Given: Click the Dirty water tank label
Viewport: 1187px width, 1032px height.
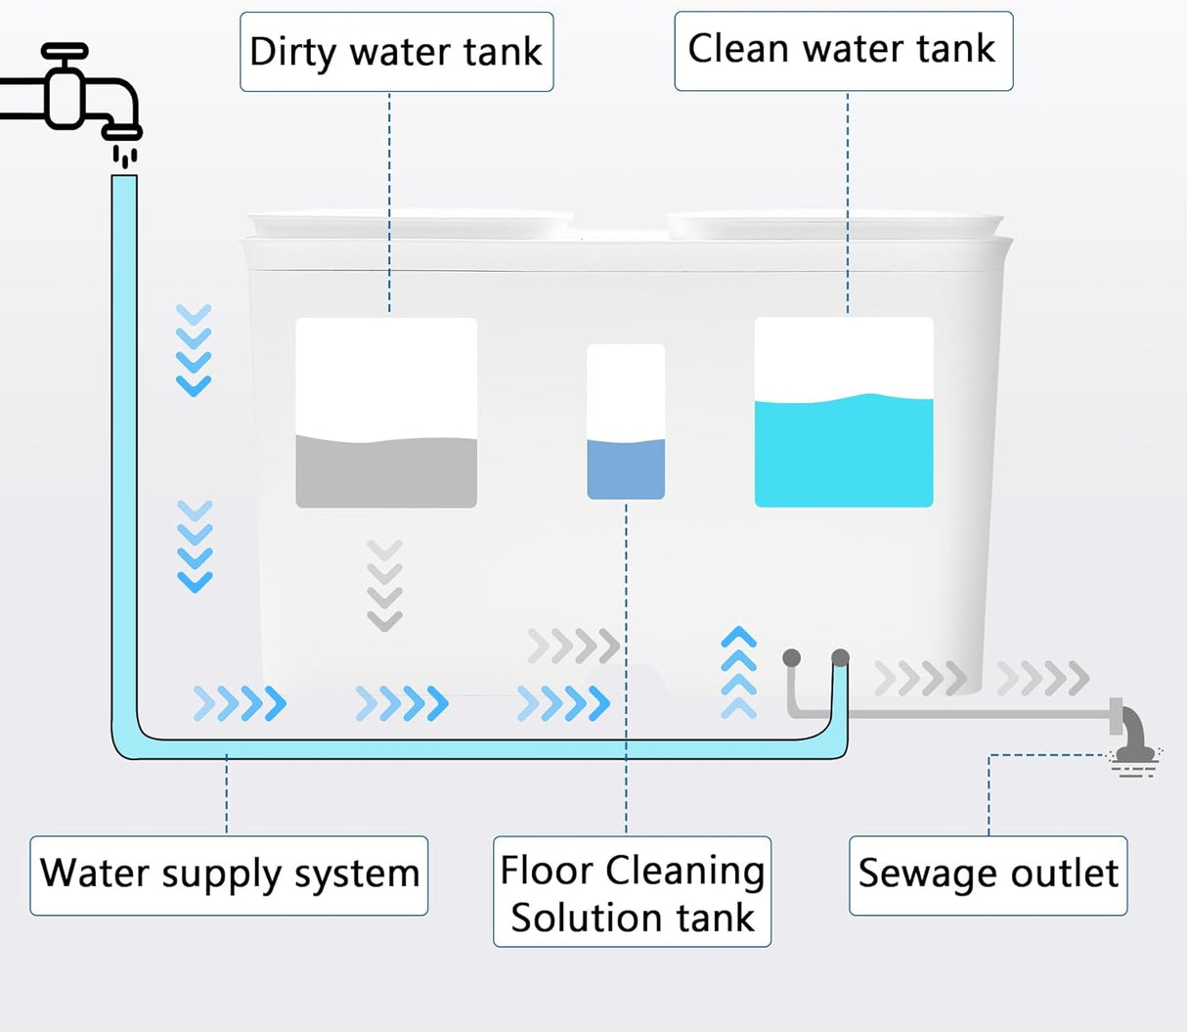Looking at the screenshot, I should coord(396,52).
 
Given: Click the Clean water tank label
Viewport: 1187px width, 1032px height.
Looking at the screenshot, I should coord(842,50).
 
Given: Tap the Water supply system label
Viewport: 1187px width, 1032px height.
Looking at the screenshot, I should coord(229,875).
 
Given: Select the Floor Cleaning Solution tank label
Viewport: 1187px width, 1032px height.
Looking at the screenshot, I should coord(632,892).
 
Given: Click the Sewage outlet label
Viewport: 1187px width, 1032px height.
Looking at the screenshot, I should coord(988,875).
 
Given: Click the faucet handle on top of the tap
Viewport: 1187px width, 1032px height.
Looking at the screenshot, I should coord(65,52).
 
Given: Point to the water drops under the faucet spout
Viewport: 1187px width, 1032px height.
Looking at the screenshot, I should coord(124,156).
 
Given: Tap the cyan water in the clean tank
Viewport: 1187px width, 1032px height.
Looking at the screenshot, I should coord(843,454).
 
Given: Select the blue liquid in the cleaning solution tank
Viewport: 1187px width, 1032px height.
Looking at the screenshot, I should coord(626,470).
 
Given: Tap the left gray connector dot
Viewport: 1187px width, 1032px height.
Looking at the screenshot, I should coord(792,657).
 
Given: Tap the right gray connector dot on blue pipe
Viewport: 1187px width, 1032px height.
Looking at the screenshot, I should coord(840,657).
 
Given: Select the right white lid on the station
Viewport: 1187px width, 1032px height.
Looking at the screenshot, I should coord(834,224).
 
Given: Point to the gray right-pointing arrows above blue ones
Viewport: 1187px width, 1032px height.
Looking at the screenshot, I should coord(573,646).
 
